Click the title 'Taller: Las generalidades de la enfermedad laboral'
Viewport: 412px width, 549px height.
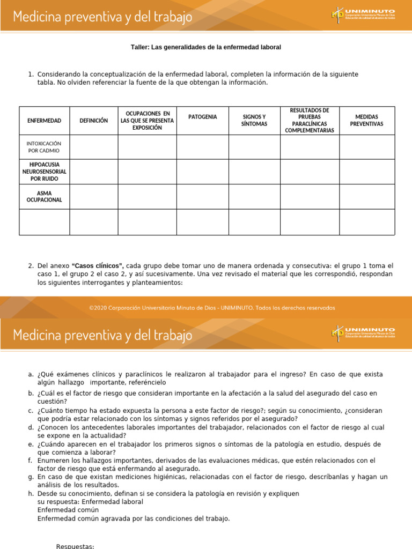tap(206, 47)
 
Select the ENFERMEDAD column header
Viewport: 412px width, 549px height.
tap(44, 121)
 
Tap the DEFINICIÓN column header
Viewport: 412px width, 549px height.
tap(93, 121)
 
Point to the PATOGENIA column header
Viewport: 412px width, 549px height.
tap(203, 117)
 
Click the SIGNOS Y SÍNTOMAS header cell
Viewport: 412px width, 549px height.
tap(254, 120)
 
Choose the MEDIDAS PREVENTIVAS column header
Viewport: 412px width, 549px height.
tap(367, 120)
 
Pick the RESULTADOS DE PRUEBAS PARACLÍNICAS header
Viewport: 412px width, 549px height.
tap(310, 120)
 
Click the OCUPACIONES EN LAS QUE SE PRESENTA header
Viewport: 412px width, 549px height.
tap(147, 120)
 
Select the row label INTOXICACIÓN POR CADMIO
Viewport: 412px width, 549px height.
tap(44, 147)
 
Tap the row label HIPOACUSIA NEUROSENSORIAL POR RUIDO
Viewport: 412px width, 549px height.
tap(44, 172)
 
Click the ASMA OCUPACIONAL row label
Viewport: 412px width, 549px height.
tap(44, 196)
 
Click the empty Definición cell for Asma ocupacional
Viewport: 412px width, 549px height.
tap(93, 197)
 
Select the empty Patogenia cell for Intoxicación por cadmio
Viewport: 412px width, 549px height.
tap(203, 147)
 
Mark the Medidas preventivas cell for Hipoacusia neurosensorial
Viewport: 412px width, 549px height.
tap(367, 172)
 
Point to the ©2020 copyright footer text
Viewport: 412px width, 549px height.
tap(212, 308)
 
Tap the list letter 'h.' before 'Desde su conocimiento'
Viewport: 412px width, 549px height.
tap(31, 493)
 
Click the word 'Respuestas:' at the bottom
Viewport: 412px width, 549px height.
tap(75, 546)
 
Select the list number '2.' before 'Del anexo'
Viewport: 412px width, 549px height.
tap(31, 266)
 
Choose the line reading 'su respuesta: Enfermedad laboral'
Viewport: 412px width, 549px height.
tap(90, 502)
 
